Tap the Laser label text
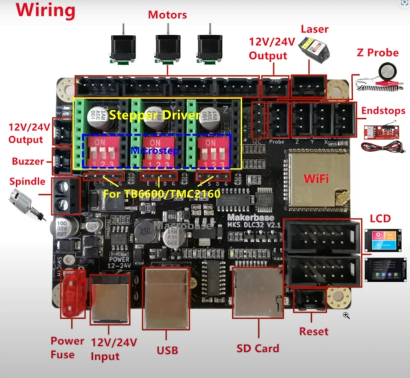pyautogui.click(x=315, y=29)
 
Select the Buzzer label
pyautogui.click(x=28, y=162)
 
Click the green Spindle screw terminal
pyautogui.click(x=66, y=196)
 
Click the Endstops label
pyautogui.click(x=383, y=111)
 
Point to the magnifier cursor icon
pyautogui.click(x=346, y=316)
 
